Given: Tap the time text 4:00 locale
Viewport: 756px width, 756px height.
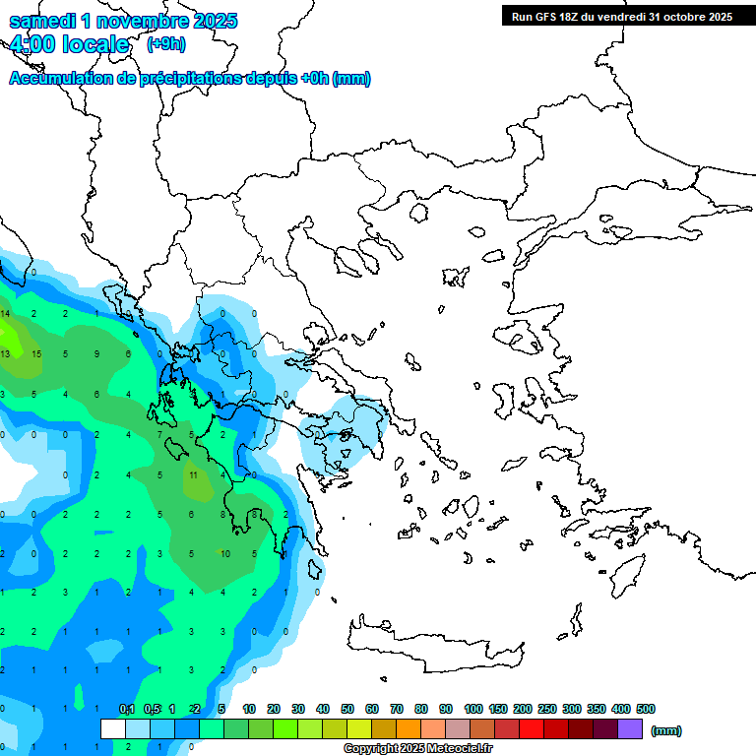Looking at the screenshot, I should click(x=69, y=44).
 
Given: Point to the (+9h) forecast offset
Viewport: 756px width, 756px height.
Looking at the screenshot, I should click(x=165, y=44).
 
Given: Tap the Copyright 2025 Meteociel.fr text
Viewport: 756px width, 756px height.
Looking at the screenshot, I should click(x=426, y=749).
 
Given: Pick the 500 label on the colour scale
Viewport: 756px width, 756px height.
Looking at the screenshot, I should click(x=646, y=709).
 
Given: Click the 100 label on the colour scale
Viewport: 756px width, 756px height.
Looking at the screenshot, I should click(x=472, y=709).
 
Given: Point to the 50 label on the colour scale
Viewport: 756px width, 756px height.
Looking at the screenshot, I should click(x=347, y=709).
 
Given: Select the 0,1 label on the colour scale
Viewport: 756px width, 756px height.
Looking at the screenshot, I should click(x=127, y=709).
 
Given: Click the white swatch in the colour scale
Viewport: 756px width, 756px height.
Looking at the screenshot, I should click(x=113, y=728).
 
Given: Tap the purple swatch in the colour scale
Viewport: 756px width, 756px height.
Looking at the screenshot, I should click(x=630, y=728).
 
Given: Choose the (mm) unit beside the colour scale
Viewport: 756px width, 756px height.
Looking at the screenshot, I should click(x=666, y=730).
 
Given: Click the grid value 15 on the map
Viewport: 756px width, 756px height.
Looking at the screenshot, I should click(x=35, y=353).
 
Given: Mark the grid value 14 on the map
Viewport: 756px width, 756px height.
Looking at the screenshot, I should click(x=5, y=313).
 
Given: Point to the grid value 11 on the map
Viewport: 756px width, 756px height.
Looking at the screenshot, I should click(x=194, y=474).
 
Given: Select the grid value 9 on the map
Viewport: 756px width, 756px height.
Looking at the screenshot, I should click(x=96, y=353).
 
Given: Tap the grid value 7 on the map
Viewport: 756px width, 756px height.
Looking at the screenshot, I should click(x=160, y=434).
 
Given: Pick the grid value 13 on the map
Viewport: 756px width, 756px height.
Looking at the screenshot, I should click(x=5, y=353).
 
